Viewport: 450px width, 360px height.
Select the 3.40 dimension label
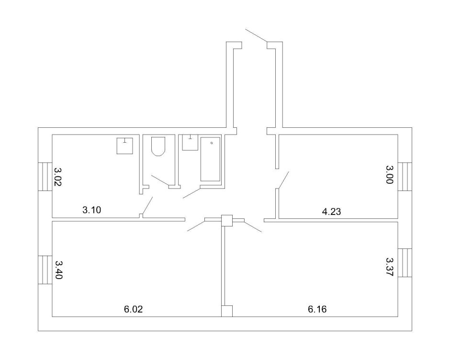pos(58,270)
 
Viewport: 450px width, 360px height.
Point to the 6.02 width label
pos(134,309)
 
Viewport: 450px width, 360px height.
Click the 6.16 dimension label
pos(317,309)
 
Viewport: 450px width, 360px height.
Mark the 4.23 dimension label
pos(331,211)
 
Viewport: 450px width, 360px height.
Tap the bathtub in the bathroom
pos(211,159)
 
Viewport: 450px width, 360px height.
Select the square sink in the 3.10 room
pos(125,146)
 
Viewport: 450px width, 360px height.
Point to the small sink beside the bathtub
pos(190,142)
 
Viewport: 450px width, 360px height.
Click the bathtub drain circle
pos(212,142)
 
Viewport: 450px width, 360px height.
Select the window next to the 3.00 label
pos(405,176)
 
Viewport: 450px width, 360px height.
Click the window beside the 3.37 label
pos(405,263)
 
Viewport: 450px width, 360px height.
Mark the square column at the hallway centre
pos(227,220)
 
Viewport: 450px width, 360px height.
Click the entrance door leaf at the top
pos(256,37)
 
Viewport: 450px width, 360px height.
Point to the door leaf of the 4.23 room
pos(283,180)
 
